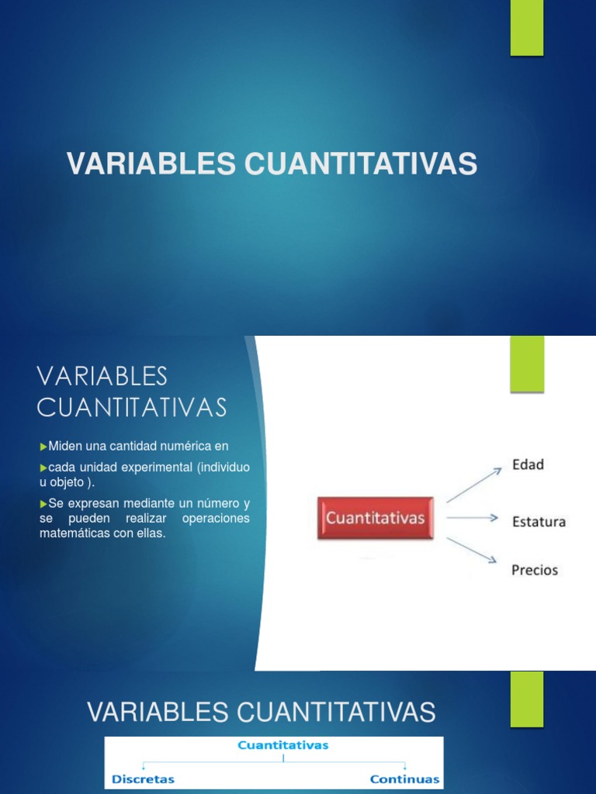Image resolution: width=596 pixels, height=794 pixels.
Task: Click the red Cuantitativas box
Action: coord(375,518)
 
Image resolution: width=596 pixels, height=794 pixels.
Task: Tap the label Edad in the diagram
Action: coord(528,464)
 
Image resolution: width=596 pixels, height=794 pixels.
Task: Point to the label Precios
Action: coord(535,570)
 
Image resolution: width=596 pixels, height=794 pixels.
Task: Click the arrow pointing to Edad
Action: coord(474,485)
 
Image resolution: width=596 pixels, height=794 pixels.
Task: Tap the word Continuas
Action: coord(404,778)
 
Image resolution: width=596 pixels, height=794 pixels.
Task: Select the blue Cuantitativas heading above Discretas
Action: coord(283,745)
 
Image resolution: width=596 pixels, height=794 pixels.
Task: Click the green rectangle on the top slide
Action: coord(527,27)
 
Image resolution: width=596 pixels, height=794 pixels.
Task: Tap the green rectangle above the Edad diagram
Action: coord(527,364)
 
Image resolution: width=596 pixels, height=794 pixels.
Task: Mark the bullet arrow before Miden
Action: coord(43,446)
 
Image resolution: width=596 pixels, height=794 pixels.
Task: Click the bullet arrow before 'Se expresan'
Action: coord(43,503)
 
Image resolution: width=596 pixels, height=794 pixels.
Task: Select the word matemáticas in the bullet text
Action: coord(73,533)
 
